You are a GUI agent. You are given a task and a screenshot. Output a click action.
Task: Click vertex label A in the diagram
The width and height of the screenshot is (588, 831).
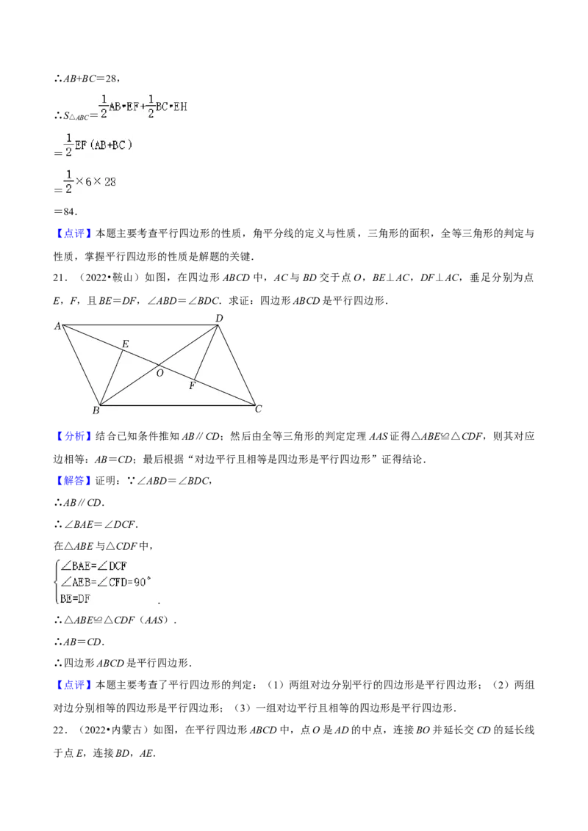click(x=57, y=326)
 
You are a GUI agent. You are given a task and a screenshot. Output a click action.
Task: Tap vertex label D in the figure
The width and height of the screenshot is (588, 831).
click(x=219, y=318)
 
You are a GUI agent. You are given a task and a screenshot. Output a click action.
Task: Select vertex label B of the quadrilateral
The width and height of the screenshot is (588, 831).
click(x=96, y=410)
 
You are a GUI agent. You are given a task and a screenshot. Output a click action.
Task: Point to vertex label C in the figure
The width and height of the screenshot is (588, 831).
click(x=259, y=409)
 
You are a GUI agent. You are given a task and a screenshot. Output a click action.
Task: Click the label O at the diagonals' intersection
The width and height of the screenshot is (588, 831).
click(x=159, y=373)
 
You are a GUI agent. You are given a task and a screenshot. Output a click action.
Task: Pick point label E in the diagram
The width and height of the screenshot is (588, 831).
click(x=125, y=344)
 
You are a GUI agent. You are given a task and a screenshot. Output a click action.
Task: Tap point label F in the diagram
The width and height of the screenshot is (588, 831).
click(x=192, y=386)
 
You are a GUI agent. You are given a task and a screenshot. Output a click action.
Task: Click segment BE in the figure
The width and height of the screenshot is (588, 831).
click(x=112, y=377)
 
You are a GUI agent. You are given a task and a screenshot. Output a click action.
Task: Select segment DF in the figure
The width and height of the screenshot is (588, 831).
click(x=206, y=352)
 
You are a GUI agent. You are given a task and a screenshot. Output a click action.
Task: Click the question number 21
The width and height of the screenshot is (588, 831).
click(x=60, y=277)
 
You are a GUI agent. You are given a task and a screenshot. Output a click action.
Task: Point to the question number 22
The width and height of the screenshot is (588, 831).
click(x=60, y=730)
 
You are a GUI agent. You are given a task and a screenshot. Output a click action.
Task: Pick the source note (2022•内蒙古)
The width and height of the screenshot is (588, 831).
click(x=114, y=730)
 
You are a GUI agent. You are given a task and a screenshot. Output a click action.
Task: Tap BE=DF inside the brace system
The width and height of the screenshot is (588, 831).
click(x=76, y=598)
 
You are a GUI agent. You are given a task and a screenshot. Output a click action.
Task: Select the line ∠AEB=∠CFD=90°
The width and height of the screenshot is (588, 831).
click(x=106, y=582)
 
